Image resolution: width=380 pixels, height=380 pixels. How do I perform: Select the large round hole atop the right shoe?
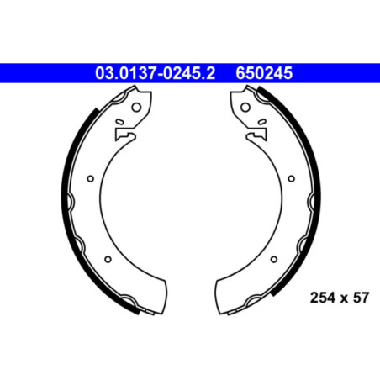pos(243,108)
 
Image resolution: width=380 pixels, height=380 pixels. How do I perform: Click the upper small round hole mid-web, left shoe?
pos(91,177)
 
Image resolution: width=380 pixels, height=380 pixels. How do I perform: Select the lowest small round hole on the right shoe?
pos(270,258)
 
